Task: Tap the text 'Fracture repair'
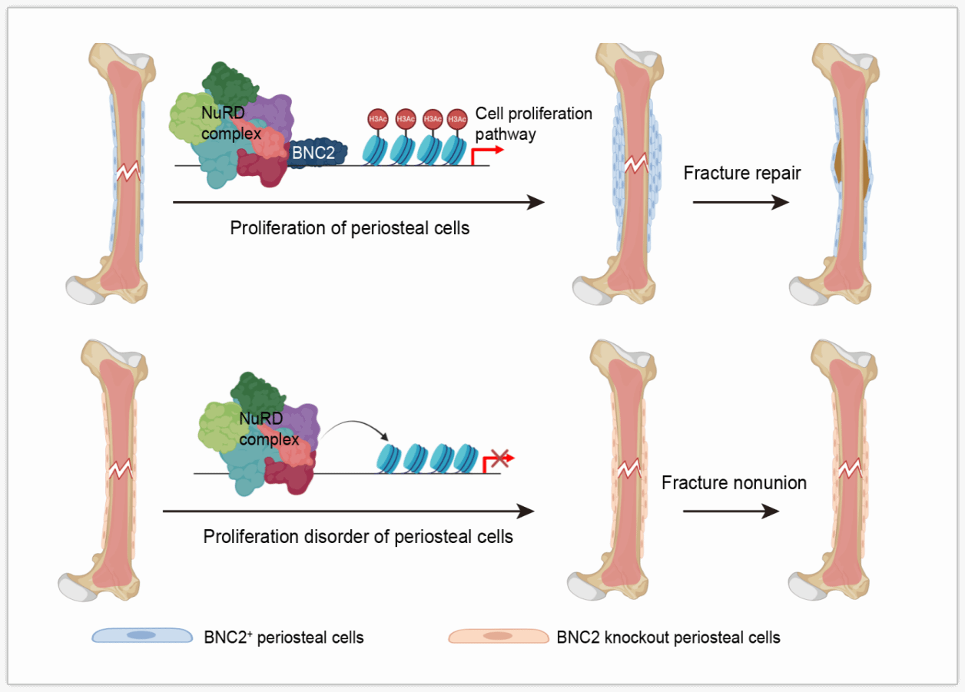(x=741, y=173)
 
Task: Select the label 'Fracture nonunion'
(x=734, y=483)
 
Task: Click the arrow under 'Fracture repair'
(x=740, y=203)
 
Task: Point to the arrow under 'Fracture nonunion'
(x=731, y=512)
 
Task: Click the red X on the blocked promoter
(x=500, y=459)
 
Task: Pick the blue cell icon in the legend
(x=141, y=636)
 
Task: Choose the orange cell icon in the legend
(x=498, y=636)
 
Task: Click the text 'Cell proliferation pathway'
(x=533, y=124)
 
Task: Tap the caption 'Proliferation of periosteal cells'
(x=350, y=228)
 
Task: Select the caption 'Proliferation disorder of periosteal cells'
(x=358, y=536)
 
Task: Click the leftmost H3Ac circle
(x=377, y=118)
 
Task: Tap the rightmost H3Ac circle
(x=457, y=118)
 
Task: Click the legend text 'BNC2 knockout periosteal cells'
(x=668, y=637)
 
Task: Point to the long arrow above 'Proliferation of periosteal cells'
(x=359, y=203)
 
